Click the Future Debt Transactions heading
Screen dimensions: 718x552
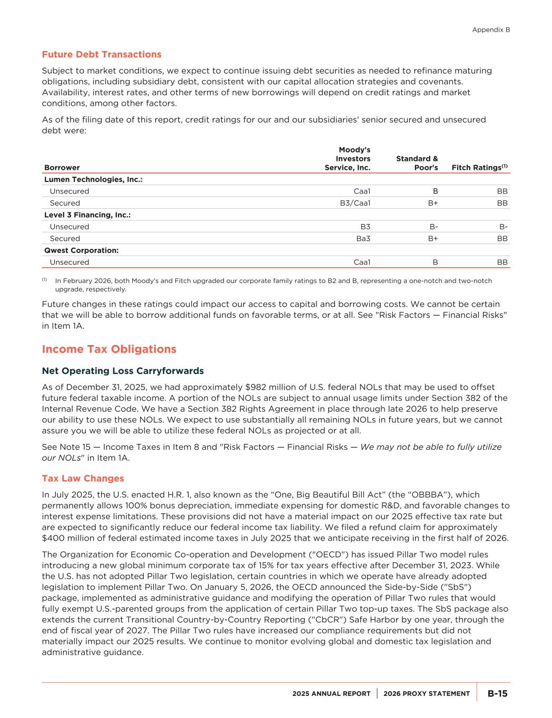point(102,55)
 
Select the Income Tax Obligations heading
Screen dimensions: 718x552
point(109,349)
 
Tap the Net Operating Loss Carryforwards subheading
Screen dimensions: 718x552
point(123,371)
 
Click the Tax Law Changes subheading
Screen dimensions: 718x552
point(83,478)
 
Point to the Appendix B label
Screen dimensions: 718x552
point(491,30)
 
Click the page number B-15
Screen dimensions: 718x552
point(497,693)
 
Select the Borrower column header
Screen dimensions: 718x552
point(62,167)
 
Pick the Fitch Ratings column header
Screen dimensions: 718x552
point(479,167)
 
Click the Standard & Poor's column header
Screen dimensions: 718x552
point(417,163)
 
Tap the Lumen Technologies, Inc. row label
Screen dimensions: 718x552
point(93,179)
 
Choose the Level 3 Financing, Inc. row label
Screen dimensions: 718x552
point(87,215)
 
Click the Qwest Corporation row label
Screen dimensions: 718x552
point(81,250)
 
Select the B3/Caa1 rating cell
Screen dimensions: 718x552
point(355,203)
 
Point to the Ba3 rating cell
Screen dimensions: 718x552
point(363,238)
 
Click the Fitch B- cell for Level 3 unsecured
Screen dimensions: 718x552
point(504,227)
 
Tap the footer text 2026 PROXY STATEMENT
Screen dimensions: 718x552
point(427,694)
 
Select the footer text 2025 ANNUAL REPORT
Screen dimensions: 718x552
point(331,694)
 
